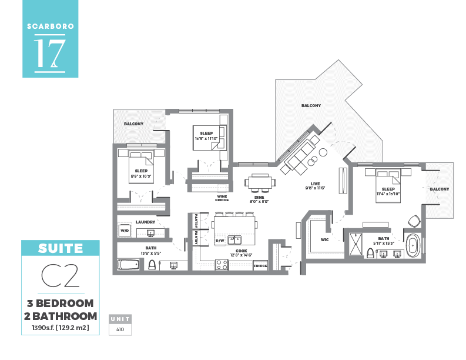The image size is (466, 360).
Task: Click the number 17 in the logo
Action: coord(49,54)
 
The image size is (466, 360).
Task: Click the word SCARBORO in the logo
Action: coord(49,26)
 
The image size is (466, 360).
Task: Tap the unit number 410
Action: coord(120,330)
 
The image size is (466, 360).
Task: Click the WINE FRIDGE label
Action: coord(222,199)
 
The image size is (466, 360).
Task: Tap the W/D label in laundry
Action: coord(124,231)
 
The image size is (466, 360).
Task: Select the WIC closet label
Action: coord(324,239)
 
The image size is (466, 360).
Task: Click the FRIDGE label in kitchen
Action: coord(260,266)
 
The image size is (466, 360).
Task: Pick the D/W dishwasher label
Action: coord(220,241)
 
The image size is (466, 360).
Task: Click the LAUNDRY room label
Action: coord(145,222)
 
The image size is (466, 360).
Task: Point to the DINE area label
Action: coord(259,196)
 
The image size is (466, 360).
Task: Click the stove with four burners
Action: coord(222,265)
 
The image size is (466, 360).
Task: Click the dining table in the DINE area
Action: coord(259,182)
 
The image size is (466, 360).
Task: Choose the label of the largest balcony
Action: coord(311,105)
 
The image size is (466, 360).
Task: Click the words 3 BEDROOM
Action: coord(61,304)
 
